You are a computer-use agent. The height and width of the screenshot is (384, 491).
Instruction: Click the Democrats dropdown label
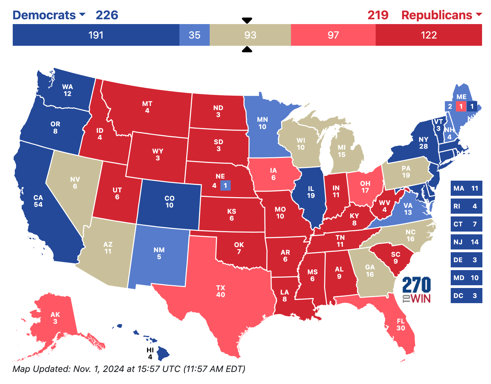pos(48,15)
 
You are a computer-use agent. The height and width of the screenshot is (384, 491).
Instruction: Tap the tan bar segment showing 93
pos(250,35)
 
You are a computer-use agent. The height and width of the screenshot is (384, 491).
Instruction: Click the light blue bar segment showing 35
pos(194,35)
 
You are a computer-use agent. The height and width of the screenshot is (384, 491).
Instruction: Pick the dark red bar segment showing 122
pos(428,35)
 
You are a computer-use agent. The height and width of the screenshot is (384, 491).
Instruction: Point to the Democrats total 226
pos(107,15)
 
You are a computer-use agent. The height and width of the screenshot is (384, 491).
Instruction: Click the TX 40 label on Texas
pos(220,291)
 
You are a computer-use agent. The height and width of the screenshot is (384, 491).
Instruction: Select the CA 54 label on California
pos(38,201)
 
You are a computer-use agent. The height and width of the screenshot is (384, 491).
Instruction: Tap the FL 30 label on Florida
pos(400,324)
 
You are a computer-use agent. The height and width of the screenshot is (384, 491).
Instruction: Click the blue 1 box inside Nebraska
pos(225,185)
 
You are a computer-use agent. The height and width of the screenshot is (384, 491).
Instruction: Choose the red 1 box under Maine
pos(461,106)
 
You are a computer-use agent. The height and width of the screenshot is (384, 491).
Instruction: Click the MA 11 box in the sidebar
pos(466,188)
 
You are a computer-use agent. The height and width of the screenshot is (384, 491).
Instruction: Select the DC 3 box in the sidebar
pos(466,296)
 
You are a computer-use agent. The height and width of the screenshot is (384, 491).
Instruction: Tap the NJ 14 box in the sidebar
pos(466,242)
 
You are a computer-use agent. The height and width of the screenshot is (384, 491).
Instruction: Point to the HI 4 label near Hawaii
pos(150,353)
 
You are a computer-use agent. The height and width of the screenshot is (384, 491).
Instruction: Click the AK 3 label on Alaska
pos(55,318)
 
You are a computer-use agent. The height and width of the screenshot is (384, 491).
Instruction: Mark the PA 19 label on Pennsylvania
pos(406,172)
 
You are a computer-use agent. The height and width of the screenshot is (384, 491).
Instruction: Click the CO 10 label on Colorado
pos(169,202)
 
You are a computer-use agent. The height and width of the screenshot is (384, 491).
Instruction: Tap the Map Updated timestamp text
pos(129,369)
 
